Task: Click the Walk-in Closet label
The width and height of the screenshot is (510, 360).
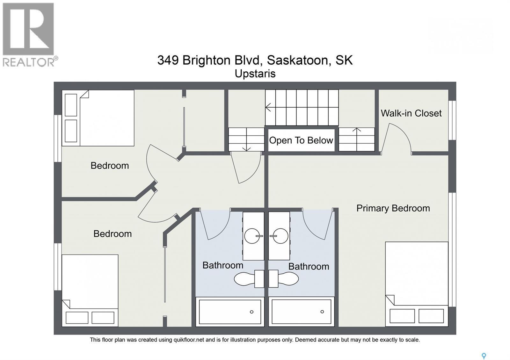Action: (411, 113)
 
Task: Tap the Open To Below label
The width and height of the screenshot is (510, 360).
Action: (301, 140)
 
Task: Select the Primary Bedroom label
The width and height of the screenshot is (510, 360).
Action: (393, 208)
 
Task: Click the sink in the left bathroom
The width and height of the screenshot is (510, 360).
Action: (253, 236)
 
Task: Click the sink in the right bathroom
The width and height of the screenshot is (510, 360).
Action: (279, 236)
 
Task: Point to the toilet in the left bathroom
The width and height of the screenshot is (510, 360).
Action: (249, 279)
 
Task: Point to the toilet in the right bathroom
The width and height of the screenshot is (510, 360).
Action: (284, 279)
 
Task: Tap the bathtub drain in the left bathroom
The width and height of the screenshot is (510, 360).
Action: (251, 312)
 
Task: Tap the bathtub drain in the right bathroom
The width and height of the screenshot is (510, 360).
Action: (322, 312)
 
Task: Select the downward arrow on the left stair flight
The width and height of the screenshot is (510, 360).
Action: (246, 139)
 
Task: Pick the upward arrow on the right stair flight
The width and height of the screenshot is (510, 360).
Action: (357, 139)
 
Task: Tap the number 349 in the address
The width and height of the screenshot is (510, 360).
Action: (168, 60)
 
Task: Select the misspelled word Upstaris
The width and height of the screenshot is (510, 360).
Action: (255, 74)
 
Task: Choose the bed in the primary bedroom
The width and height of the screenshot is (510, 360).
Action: (417, 284)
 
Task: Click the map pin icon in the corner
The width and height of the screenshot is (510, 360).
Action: (484, 356)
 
